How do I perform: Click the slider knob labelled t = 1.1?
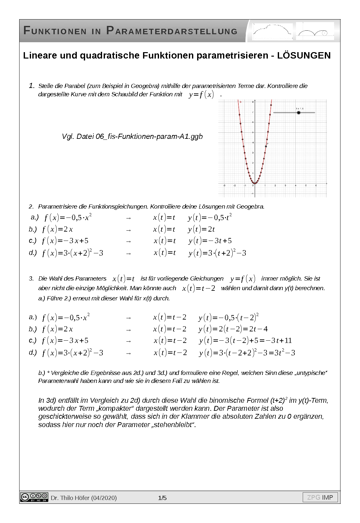coord(299,113)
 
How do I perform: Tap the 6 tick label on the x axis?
coord(316,186)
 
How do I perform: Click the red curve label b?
coord(241,102)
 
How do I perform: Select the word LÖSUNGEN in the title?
coord(304,55)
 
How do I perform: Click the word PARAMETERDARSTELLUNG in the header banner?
coord(172,31)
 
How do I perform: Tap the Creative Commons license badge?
coord(34,497)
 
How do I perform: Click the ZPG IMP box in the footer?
coord(320,497)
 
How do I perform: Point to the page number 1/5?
coord(162,498)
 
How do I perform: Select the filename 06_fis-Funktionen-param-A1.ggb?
coord(149,137)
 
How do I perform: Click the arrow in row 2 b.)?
coord(128,230)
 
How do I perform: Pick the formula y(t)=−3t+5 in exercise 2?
coord(210,241)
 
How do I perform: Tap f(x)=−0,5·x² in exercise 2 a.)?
coord(68,218)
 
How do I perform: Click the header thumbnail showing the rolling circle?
coord(315,31)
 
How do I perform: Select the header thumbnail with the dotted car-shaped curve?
coord(273,31)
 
